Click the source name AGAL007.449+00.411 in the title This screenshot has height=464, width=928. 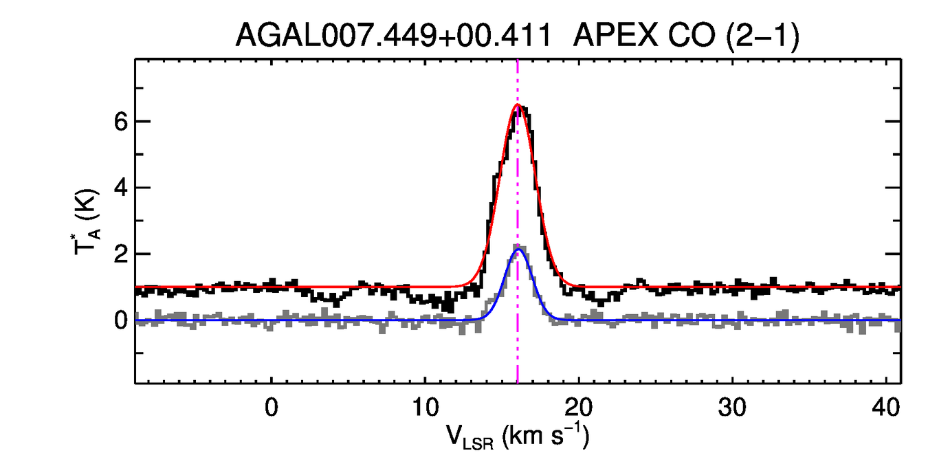pos(394,36)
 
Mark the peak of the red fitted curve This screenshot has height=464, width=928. pos(518,105)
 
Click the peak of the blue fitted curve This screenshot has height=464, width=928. pos(518,250)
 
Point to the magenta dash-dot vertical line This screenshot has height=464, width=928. pos(518,344)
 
